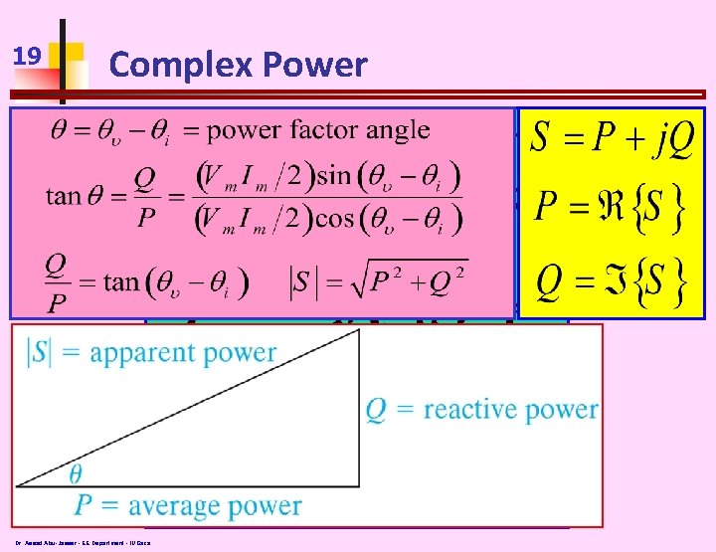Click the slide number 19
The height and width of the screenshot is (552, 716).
(28, 57)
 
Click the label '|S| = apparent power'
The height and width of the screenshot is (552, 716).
(148, 352)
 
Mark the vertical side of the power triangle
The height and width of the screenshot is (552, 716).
(359, 409)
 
